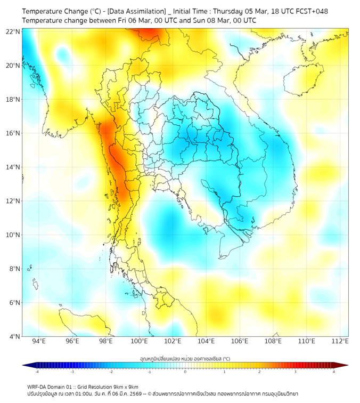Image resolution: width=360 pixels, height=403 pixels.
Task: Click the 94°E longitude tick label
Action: click(39, 342)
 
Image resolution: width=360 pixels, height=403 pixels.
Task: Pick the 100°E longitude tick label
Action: click(140, 342)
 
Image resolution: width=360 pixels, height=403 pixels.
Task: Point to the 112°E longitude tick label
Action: click(340, 342)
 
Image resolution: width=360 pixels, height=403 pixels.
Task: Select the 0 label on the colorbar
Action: click(185, 372)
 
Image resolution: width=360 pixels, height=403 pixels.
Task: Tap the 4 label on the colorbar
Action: click(333, 372)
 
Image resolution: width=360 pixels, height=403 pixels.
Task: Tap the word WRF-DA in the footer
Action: click(38, 387)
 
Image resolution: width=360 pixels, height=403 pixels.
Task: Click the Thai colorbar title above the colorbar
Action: click(185, 358)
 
